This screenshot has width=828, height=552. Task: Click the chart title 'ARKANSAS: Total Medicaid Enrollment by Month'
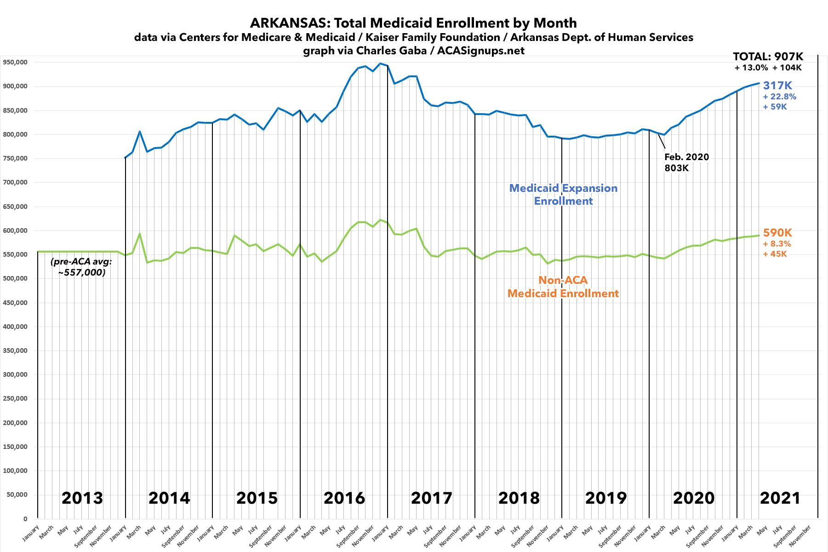click(413, 23)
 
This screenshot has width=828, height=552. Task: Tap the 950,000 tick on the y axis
click(15, 62)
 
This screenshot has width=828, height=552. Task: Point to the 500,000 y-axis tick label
click(15, 230)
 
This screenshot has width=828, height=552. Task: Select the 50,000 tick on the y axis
click(17, 494)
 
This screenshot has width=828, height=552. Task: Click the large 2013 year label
click(82, 498)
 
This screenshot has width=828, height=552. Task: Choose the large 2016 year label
click(344, 498)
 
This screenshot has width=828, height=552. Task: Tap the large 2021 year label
click(780, 498)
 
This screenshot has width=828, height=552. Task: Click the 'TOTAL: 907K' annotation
click(768, 57)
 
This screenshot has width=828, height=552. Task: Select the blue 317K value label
click(777, 85)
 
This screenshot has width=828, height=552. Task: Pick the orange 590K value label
click(777, 233)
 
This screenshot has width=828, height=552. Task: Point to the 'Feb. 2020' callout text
click(686, 157)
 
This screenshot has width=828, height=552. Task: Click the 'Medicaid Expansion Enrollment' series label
click(563, 194)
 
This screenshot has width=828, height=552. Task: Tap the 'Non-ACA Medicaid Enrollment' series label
click(563, 287)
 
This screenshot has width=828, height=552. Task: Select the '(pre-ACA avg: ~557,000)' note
click(81, 267)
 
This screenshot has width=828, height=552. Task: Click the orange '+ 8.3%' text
click(777, 244)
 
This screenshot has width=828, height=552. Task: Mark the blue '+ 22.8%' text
click(779, 97)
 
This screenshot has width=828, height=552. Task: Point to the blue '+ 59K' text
click(775, 107)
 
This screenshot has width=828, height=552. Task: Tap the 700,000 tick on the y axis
click(15, 182)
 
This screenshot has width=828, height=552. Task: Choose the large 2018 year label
click(519, 498)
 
